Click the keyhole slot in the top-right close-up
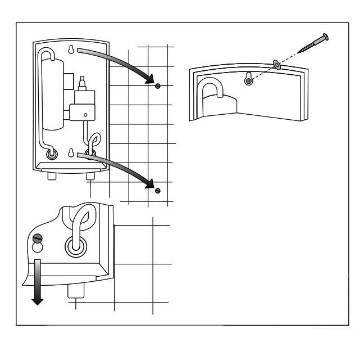click(x=249, y=80)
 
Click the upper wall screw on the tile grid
click(x=158, y=85)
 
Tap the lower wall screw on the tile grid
click(x=158, y=190)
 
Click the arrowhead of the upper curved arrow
click(x=149, y=80)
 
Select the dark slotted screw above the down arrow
click(x=37, y=237)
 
